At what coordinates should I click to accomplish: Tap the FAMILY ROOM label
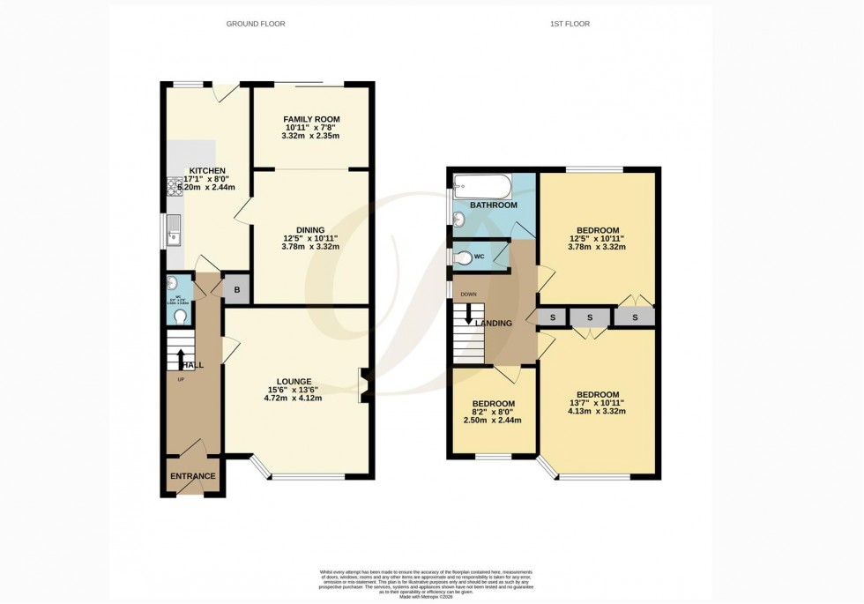pos(310,119)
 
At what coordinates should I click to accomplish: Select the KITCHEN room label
pos(206,171)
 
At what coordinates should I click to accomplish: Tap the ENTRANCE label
pos(192,476)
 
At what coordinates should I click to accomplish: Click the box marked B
pos(236,289)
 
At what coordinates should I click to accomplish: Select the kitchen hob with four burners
pos(171,187)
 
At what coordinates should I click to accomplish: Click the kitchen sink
pos(174,230)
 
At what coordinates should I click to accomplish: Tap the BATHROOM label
pos(493,205)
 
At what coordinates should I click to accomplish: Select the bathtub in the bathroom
pos(481,185)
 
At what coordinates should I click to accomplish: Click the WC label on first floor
pos(479,257)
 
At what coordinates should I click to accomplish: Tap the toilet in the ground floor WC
pos(180,316)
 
